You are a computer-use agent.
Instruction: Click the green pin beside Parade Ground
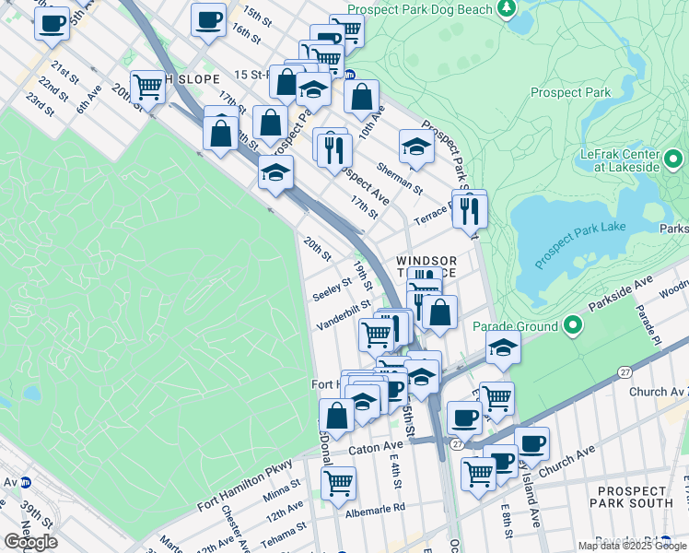coord(572,325)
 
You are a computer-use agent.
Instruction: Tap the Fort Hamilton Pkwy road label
coord(245,486)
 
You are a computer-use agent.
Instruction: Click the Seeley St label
coord(333,289)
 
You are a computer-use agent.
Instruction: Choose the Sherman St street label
coord(399,178)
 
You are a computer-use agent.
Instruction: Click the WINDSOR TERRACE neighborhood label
coord(426,268)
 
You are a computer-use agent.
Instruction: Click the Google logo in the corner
coord(30,542)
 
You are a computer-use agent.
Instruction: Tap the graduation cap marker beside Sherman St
coord(415,146)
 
